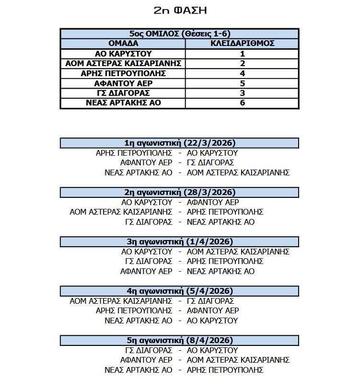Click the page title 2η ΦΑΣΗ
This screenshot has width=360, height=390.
tap(180, 10)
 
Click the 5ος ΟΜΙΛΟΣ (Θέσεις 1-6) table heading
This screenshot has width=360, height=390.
tap(180, 34)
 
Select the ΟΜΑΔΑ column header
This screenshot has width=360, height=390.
tap(123, 44)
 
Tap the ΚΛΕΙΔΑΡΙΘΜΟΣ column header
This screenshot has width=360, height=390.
tap(242, 44)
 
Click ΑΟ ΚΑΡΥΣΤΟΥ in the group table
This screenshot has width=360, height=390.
tap(123, 54)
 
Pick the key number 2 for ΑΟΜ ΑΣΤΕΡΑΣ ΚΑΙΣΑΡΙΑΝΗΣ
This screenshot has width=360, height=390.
tap(242, 64)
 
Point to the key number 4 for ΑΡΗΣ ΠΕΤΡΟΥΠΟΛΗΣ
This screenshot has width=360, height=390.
tap(242, 73)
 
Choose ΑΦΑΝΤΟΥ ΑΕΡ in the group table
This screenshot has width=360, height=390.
tap(123, 83)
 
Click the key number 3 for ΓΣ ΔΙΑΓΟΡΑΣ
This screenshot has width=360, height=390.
tap(242, 93)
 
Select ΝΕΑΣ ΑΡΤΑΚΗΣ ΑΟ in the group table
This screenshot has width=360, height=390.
tap(123, 103)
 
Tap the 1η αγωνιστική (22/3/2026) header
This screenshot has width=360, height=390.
tap(180, 143)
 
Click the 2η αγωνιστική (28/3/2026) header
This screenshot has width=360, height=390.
tap(180, 192)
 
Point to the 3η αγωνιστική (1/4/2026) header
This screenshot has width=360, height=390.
tap(180, 241)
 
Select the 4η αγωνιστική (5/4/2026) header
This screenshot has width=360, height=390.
tap(180, 291)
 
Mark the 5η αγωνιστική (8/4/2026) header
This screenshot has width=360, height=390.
tap(180, 340)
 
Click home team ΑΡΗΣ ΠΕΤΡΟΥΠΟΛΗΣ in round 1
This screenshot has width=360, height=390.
tap(134, 153)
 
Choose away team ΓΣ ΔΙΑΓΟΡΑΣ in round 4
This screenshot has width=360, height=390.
tap(210, 301)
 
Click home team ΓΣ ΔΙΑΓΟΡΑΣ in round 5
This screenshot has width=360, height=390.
tap(149, 350)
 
